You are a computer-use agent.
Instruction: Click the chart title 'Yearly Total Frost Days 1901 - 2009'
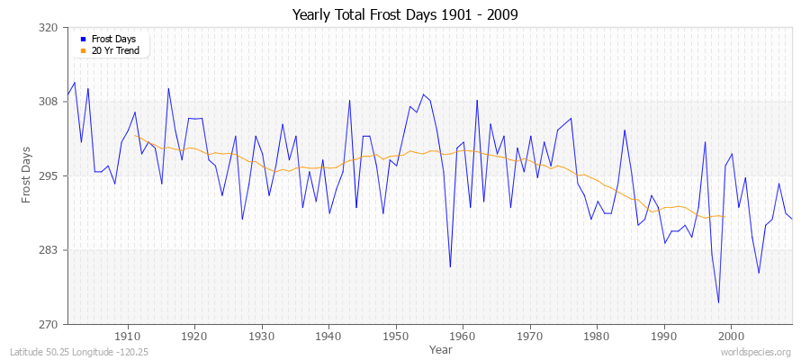click(405, 15)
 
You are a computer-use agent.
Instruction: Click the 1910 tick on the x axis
click(128, 336)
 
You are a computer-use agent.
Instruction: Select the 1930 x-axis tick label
click(262, 336)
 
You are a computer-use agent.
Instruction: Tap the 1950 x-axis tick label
click(396, 336)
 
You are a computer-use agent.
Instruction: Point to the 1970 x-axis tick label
click(530, 336)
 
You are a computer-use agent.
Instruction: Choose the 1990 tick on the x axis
click(664, 336)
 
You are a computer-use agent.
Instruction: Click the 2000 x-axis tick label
click(731, 336)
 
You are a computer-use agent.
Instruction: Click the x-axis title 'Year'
click(441, 348)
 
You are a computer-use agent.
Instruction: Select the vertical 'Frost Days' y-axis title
click(27, 175)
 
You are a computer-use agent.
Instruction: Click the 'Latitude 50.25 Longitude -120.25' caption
click(79, 353)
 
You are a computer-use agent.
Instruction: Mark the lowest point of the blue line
click(718, 302)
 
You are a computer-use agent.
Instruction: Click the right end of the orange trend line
click(724, 217)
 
